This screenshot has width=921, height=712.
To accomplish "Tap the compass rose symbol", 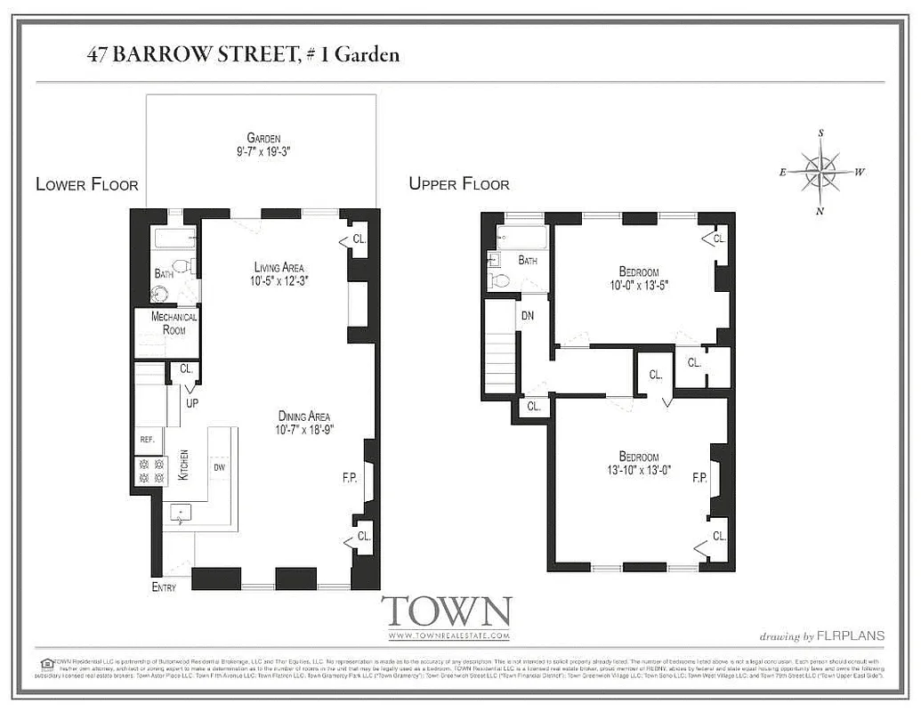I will (820, 172).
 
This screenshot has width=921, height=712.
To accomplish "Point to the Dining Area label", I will (303, 416).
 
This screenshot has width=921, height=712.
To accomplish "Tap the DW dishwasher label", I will (218, 466).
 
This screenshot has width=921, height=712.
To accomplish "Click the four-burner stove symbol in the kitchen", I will (149, 471).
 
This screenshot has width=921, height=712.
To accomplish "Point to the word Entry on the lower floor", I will (164, 587).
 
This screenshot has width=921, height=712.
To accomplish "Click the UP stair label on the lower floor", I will (191, 402).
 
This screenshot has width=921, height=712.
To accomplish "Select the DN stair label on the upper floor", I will (527, 315).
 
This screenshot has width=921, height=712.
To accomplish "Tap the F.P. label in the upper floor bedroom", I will (699, 478).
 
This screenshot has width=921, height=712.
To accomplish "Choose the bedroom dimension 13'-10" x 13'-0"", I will (639, 470).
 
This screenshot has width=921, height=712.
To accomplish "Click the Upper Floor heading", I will (459, 184).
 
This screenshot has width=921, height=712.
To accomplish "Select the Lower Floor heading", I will (87, 184).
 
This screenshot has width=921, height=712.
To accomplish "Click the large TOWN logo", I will (447, 612).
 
